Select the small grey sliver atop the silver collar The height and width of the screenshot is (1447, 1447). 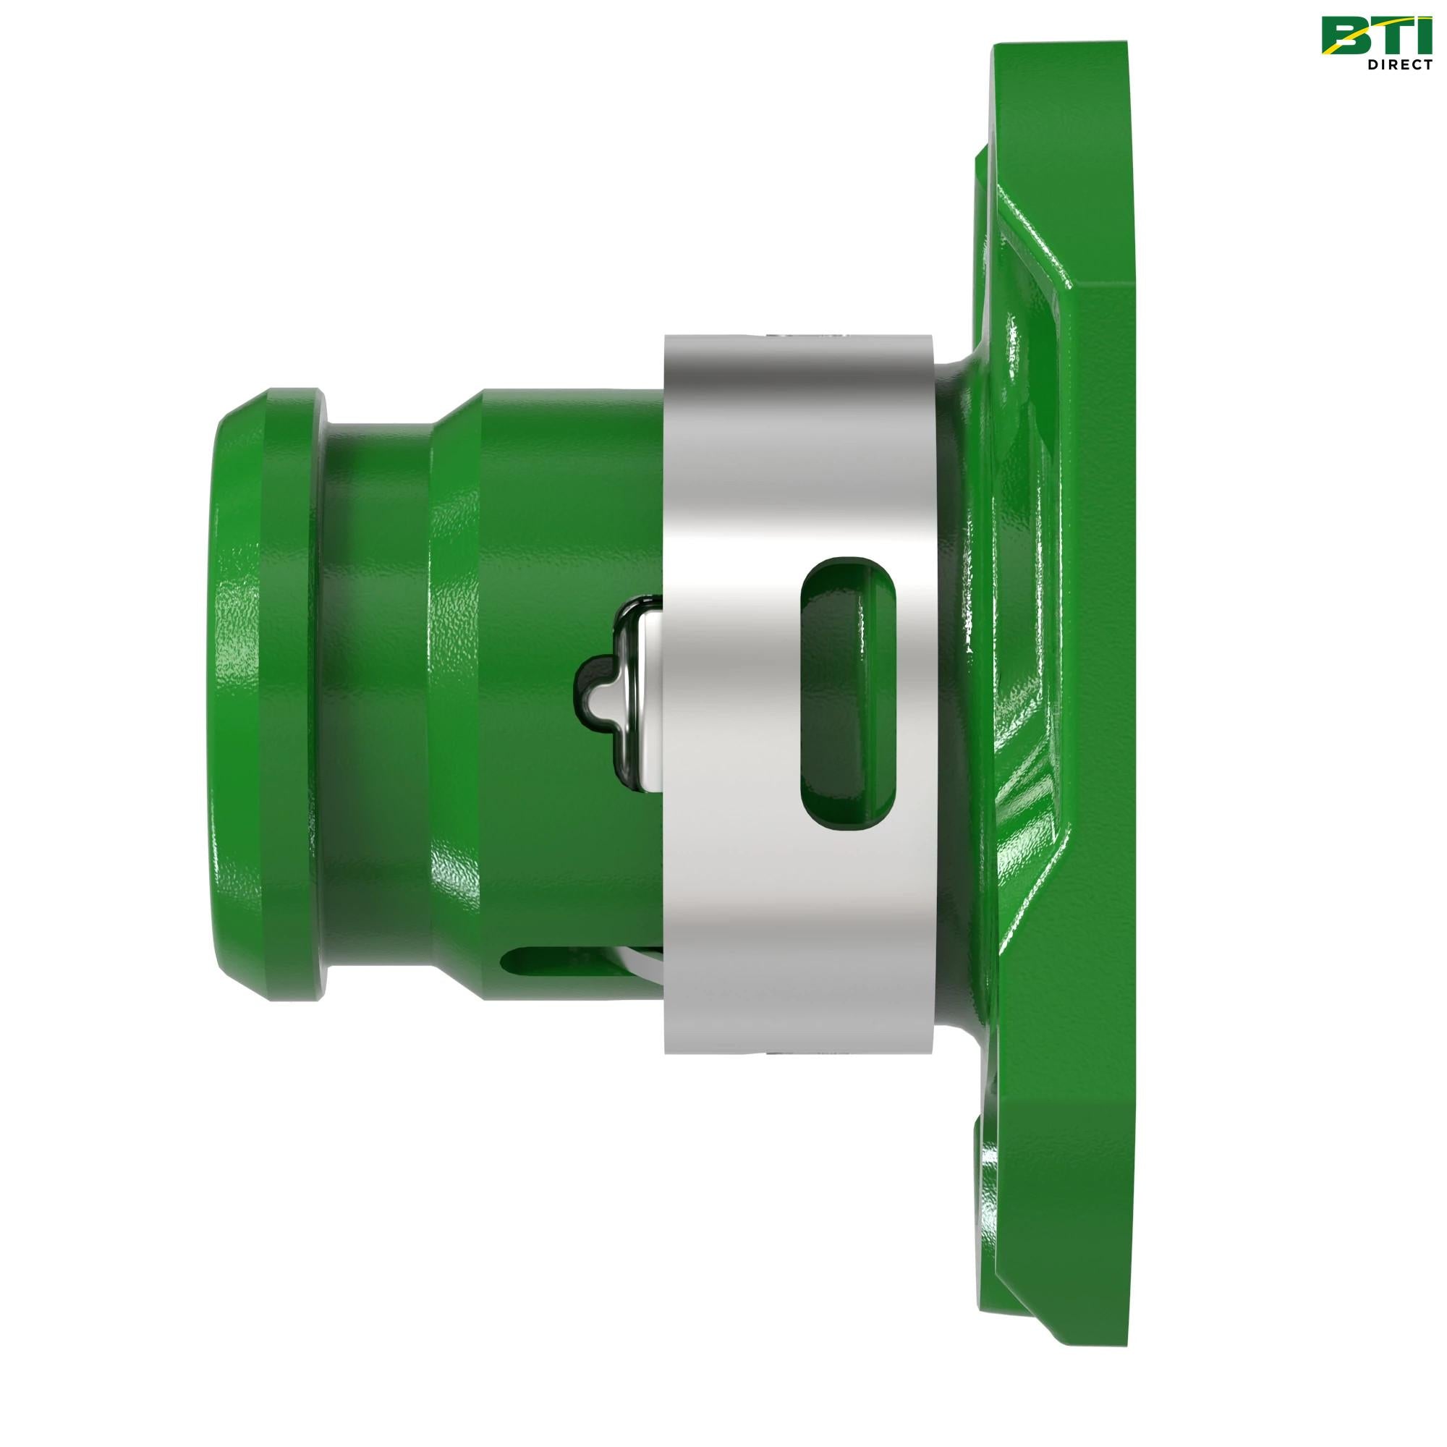(x=809, y=329)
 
